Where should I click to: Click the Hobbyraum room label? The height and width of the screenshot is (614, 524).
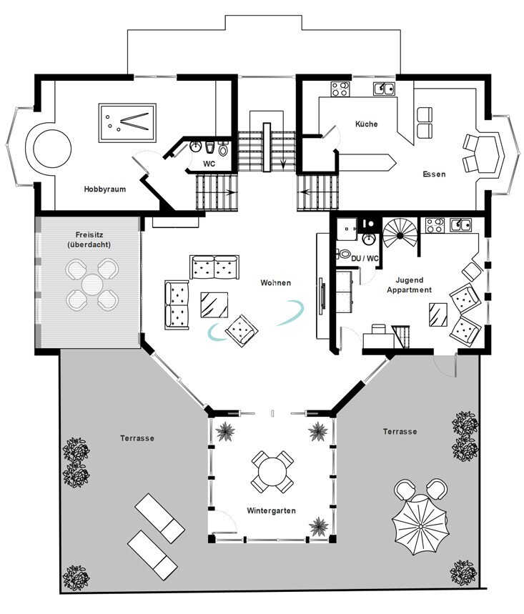pos(105,189)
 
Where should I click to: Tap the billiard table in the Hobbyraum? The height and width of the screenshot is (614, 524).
pos(127,122)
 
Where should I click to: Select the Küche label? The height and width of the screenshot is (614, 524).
pos(367,124)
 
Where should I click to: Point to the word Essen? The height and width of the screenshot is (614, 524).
pos(434,174)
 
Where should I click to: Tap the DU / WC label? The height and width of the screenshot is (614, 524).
pos(365,259)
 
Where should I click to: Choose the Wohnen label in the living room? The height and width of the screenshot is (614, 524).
pos(276,283)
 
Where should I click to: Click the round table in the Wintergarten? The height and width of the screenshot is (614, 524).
pos(272,471)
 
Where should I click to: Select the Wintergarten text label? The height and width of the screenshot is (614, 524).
pos(271,511)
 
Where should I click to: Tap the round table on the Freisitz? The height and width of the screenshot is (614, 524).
pos(92,284)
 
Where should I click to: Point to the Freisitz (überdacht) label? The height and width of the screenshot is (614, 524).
pos(89,239)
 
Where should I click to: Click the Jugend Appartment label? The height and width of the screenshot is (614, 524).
pos(409,285)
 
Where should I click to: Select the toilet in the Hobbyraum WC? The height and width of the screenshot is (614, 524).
pos(222,149)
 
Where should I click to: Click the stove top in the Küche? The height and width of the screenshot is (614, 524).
pos(340,89)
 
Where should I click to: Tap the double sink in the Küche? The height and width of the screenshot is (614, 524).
pos(384,89)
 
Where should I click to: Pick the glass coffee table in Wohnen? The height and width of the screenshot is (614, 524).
pos(214,304)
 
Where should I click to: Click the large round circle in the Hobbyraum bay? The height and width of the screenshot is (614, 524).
pos(52,149)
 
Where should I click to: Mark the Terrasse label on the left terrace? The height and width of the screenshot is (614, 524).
pos(137,438)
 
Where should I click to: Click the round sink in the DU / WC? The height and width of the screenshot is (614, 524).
pos(369,239)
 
